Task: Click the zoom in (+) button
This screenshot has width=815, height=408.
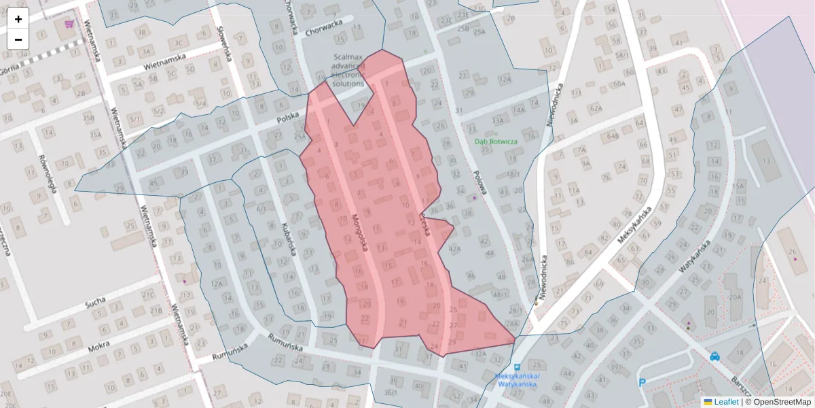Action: point(18,19)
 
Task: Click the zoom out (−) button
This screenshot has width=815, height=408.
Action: point(18,39)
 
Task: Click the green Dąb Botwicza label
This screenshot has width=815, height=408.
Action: point(495,141)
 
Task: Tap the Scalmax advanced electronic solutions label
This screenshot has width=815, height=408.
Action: point(349,70)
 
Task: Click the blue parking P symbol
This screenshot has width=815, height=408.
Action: point(642,383)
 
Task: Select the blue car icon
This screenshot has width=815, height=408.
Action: point(714,356)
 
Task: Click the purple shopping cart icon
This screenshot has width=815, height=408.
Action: point(69,24)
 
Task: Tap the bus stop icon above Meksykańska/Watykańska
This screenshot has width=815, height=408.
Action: point(518,366)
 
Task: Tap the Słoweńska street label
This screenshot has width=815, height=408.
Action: point(225,43)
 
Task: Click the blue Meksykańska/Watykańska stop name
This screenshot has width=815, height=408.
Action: point(517,380)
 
